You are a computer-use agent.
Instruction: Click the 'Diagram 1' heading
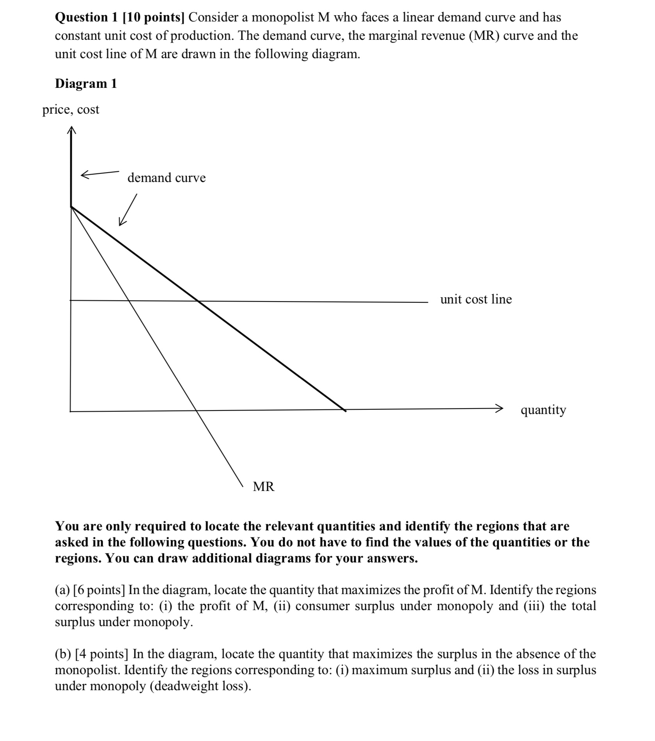pos(86,84)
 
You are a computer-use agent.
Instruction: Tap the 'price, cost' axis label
pos(71,110)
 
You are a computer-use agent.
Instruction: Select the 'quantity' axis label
pos(543,410)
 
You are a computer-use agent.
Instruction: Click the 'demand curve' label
pos(166,178)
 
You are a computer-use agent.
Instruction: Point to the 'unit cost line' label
pos(476,299)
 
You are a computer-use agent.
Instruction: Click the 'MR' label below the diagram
pos(264,487)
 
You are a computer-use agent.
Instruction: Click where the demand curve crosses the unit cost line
pos(198,301)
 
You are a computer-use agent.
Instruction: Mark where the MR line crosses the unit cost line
pos(129,301)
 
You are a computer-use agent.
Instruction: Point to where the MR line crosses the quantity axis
pos(195,411)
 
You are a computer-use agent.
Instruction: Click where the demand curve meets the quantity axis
pos(345,410)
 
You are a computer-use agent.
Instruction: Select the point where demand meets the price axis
pos(71,207)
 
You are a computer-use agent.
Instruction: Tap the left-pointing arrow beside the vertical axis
pos(99,173)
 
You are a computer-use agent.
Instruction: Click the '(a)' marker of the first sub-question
pos(62,589)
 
